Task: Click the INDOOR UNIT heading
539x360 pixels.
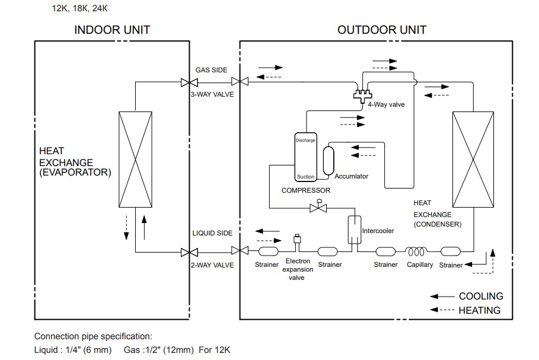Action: (112, 30)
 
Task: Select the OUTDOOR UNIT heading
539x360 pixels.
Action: (382, 30)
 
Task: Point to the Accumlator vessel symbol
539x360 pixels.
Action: (328, 160)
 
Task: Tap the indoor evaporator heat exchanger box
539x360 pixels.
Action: (135, 160)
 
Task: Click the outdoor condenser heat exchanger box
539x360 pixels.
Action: (473, 160)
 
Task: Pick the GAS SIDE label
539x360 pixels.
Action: (211, 70)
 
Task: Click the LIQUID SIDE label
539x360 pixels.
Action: (212, 233)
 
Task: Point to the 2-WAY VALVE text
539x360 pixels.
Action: (212, 265)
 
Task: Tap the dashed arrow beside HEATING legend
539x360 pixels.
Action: (442, 310)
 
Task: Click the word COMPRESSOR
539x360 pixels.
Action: (305, 190)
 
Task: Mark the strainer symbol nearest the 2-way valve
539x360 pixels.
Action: (266, 251)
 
